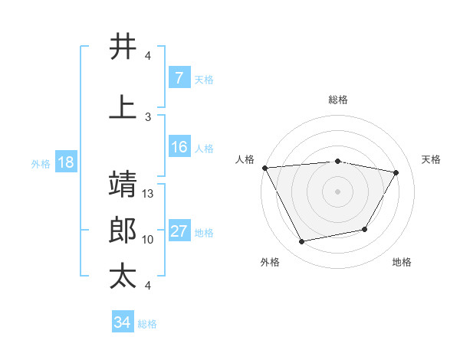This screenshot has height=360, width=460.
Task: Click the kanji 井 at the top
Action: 123,47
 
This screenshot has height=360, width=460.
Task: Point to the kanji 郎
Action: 123,231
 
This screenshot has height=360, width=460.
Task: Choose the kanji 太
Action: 123,277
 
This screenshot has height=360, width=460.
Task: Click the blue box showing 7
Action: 179,78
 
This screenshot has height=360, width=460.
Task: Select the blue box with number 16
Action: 179,147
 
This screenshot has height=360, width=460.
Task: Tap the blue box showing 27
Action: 179,231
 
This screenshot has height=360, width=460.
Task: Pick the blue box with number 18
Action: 65,162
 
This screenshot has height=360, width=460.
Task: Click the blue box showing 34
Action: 122,322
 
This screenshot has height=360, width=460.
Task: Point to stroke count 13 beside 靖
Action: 149,194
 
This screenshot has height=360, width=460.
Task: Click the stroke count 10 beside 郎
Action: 149,240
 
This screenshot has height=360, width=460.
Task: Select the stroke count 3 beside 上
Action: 148,116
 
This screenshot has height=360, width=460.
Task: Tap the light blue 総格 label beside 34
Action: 147,324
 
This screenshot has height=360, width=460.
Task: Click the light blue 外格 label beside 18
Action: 41,163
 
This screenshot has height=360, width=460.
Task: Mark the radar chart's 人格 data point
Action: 264,168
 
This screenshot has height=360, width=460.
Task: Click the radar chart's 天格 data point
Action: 396,172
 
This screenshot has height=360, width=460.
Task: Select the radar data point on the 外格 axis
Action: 302,242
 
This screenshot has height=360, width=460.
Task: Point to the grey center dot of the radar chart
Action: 337,191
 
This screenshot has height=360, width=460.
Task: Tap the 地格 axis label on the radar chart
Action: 402,262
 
